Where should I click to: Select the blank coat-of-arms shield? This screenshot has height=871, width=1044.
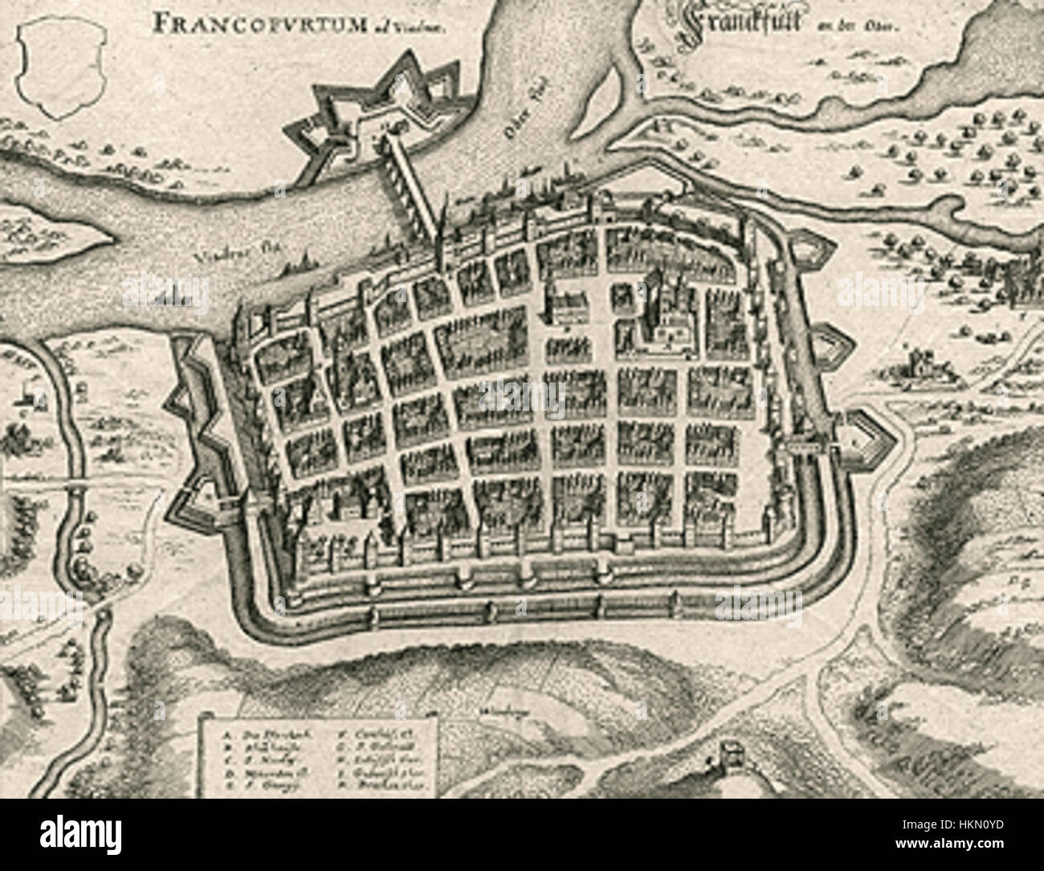(58, 68)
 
